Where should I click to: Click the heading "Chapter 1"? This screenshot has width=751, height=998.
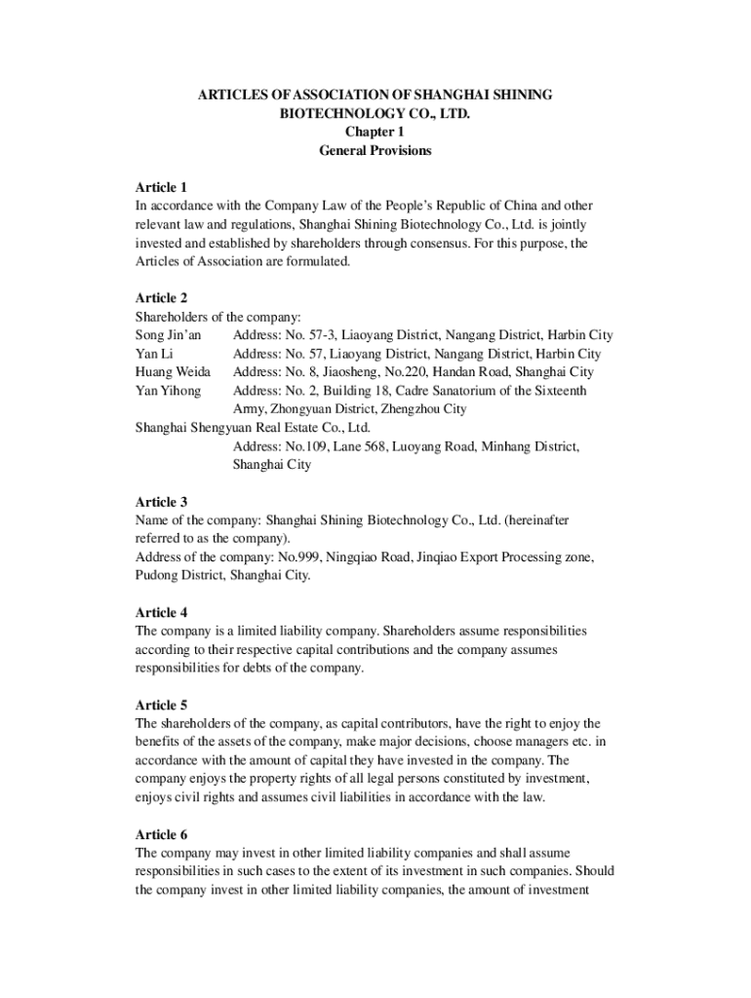pos(375,133)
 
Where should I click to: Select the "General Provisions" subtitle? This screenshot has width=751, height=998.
pos(375,151)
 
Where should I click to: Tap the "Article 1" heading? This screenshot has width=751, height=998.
pos(161,187)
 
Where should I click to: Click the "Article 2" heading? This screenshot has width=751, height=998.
pos(161,298)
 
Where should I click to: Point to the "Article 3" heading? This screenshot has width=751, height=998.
pos(161,502)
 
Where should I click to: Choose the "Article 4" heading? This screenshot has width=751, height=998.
pos(161,613)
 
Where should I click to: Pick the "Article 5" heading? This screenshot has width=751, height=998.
pos(161,705)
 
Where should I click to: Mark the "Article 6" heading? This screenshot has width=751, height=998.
pos(161,835)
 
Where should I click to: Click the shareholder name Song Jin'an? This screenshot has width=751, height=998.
pos(168,335)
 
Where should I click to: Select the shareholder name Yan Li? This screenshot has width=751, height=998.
pos(154,354)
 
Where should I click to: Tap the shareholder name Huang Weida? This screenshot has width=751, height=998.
pos(173,372)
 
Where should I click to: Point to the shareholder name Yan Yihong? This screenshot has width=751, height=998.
pos(168,391)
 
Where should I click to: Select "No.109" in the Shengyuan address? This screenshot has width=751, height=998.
pos(305,446)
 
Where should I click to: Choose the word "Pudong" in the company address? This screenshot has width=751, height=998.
pos(156,576)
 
